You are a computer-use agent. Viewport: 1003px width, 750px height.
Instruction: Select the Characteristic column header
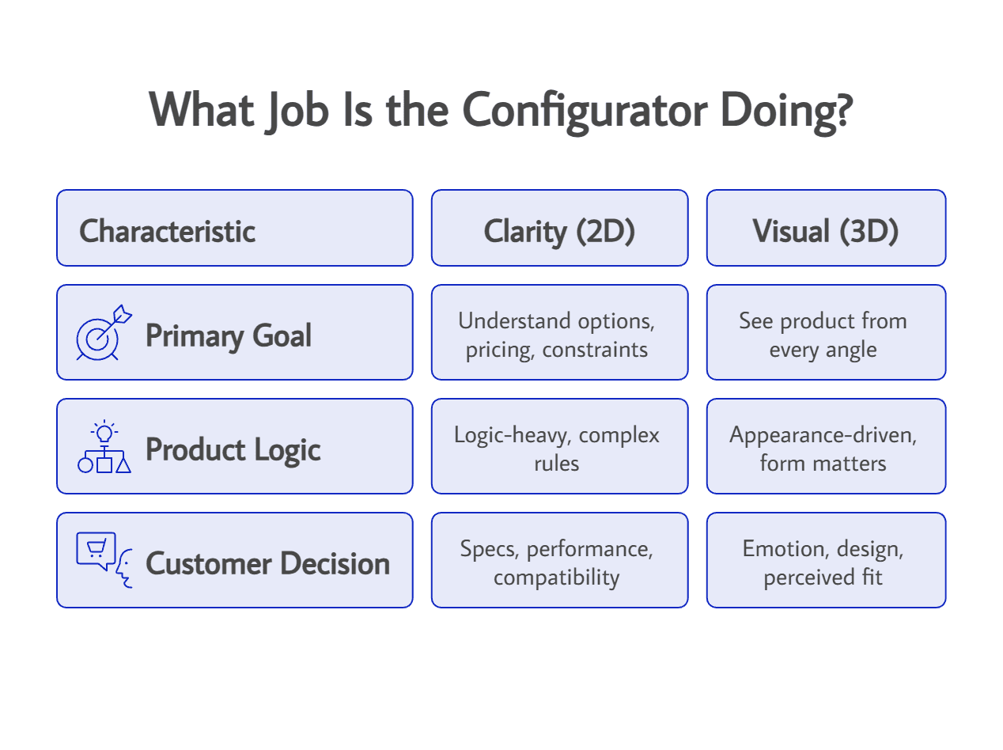coord(167,231)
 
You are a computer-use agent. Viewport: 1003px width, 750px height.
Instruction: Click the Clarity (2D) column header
coord(559,231)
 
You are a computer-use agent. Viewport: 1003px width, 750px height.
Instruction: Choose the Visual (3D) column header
coord(825,231)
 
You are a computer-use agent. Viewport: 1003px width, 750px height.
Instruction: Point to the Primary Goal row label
coord(229,335)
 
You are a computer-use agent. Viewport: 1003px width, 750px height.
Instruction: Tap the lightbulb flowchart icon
coord(104,448)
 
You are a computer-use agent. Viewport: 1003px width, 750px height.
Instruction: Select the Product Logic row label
coord(233,449)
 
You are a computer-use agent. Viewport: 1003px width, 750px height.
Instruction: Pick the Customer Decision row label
coord(267,563)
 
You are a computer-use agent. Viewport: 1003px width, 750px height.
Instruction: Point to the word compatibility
coord(556,578)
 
